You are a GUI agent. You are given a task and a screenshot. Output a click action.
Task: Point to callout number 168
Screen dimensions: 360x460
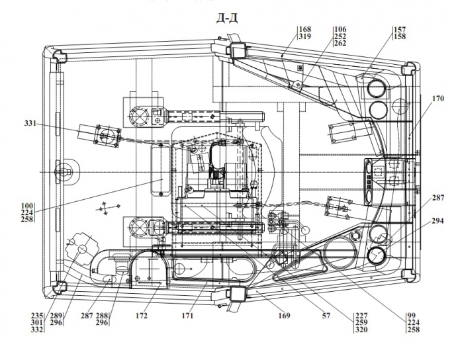[x=304, y=30]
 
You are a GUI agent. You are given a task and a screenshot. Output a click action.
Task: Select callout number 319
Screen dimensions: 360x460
[x=304, y=37]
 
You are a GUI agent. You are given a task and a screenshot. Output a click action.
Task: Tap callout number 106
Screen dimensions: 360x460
[x=340, y=30]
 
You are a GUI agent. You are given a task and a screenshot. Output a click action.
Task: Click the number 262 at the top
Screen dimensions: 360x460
[x=340, y=44]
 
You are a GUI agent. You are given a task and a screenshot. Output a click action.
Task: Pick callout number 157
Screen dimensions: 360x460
[x=400, y=30]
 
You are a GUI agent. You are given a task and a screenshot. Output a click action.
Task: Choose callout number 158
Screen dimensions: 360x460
[x=400, y=37]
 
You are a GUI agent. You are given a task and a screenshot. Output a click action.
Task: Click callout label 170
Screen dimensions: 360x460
[x=437, y=99]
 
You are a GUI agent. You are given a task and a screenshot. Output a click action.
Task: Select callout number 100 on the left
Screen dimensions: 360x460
[x=27, y=206]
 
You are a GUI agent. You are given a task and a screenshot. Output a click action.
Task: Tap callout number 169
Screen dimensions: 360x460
[x=284, y=316]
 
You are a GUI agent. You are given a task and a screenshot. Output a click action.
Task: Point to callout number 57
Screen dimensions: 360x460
[x=326, y=316]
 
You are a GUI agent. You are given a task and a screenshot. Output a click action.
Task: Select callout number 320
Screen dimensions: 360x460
[x=361, y=331]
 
